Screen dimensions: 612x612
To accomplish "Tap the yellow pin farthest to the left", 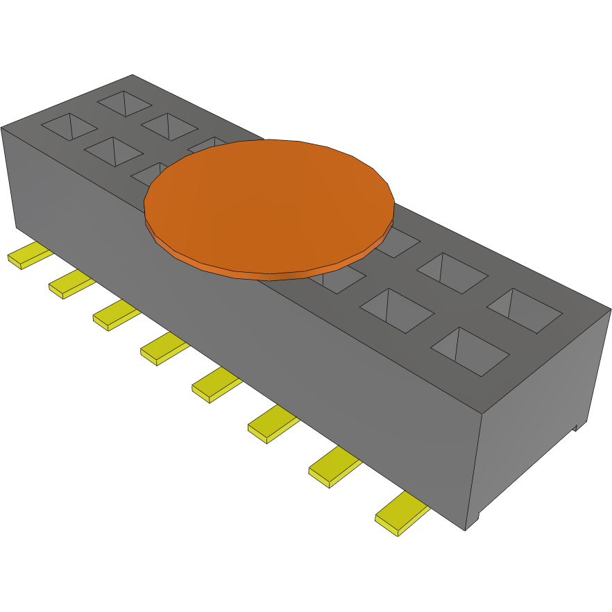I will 29,255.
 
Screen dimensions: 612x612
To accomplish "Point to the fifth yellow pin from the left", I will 216,386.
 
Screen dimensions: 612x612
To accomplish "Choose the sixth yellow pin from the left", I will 272,425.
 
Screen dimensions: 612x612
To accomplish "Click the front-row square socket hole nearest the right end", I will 470,349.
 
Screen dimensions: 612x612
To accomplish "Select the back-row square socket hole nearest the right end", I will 524,309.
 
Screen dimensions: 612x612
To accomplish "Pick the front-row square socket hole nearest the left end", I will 69,127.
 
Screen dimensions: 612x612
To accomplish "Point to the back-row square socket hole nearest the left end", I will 124,103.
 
